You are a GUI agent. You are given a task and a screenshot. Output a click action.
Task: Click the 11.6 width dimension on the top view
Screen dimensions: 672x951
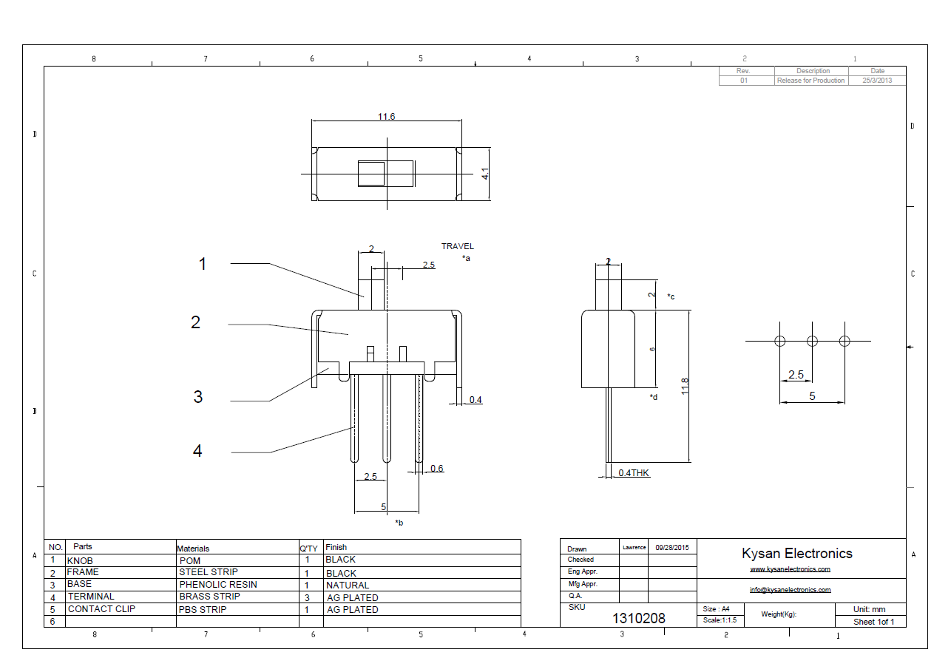[x=386, y=117]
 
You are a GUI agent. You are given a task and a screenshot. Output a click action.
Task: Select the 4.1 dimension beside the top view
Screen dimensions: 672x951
[x=485, y=174]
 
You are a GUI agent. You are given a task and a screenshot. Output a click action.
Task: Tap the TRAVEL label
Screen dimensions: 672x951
[x=458, y=246]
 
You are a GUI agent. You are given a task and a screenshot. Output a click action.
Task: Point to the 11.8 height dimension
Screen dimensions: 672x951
[x=685, y=385]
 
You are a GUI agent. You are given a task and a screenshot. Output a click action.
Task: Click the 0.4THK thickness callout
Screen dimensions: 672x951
[x=634, y=472]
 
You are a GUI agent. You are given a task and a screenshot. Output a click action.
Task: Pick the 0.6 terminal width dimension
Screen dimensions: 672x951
[x=437, y=468]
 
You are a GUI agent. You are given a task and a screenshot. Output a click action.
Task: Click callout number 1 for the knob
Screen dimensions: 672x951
[x=203, y=264]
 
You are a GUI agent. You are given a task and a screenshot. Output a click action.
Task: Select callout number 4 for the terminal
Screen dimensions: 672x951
[x=197, y=451]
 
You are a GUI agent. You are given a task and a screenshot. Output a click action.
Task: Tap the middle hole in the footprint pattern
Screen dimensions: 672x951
[x=812, y=341]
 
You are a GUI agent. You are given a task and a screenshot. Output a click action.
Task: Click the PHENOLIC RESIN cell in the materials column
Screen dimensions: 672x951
[x=218, y=584]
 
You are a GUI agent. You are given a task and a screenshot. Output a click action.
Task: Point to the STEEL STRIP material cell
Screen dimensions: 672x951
[x=209, y=572]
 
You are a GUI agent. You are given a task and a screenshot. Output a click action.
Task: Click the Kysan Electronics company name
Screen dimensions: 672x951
[x=797, y=553]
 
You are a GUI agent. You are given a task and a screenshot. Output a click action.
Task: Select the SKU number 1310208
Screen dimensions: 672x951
[x=638, y=619]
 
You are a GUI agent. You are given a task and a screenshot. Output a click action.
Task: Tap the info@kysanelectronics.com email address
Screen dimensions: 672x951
[x=790, y=590]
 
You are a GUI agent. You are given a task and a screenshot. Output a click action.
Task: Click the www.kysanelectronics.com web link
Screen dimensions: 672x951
[x=790, y=569]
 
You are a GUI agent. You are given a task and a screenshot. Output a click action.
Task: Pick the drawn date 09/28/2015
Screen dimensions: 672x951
[x=671, y=547]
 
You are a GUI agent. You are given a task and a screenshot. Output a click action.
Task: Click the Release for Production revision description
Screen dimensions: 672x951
[x=810, y=81]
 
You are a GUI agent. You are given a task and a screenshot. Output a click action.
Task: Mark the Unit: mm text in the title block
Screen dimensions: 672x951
[x=869, y=609]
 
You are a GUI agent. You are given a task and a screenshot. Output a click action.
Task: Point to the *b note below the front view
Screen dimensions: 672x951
[x=399, y=523]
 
